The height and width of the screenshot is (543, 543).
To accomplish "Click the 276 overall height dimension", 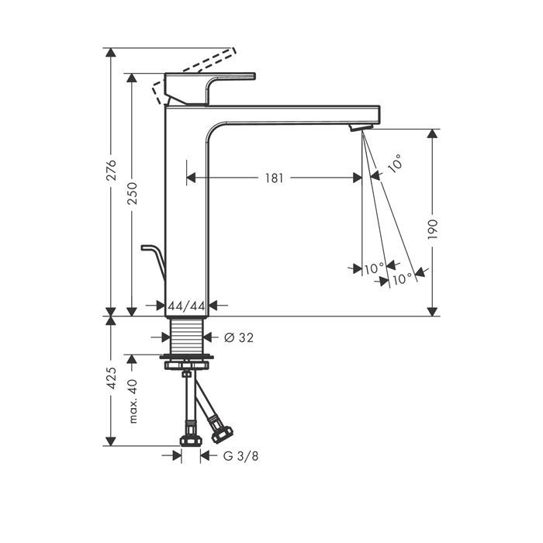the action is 112,170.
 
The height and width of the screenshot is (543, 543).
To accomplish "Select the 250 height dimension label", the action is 132,193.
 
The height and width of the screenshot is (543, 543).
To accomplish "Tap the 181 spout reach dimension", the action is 274,178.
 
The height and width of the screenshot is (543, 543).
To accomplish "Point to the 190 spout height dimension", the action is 433,230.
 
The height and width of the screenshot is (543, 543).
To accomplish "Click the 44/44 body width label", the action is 187,306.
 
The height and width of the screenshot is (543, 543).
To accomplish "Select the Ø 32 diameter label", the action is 239,337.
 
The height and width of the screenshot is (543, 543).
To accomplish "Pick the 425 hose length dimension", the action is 112,378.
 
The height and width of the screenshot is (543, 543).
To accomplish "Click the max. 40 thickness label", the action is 133,401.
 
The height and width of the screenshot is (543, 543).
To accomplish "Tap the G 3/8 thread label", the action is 240,456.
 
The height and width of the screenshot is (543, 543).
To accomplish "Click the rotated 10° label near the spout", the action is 395,163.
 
